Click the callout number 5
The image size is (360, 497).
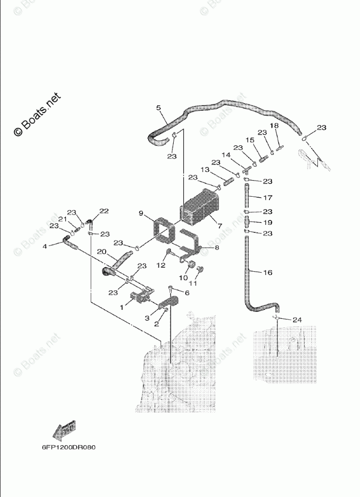pos(158,108)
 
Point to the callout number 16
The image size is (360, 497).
pos(268,272)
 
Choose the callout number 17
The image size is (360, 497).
pos(268,197)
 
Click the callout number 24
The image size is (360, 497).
pos(297,319)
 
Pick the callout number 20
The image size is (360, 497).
pos(101,251)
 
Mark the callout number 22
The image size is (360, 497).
pos(104,211)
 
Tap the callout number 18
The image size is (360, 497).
pos(274,126)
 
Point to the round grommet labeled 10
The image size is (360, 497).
pos(191,266)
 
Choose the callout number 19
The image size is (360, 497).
pos(267,222)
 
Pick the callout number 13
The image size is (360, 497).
pos(205,170)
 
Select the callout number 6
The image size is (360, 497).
pos(187,293)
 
